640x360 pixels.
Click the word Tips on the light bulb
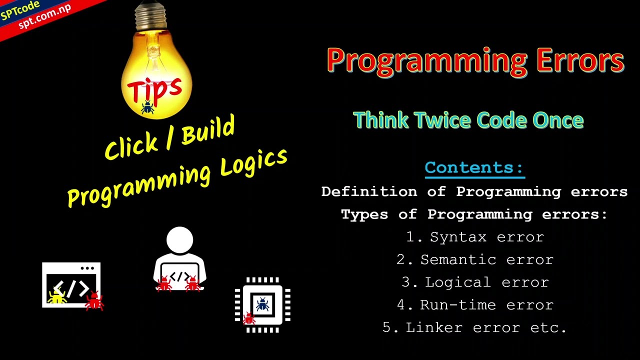tap(154, 88)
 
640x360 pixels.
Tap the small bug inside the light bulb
tap(147, 107)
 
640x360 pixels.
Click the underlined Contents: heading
tap(474, 167)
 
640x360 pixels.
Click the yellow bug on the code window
tap(57, 296)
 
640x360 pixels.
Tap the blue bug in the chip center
tap(262, 303)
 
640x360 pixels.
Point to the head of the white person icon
tap(179, 240)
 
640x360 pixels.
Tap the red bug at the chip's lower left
tap(248, 318)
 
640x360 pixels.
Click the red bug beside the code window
tap(94, 301)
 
